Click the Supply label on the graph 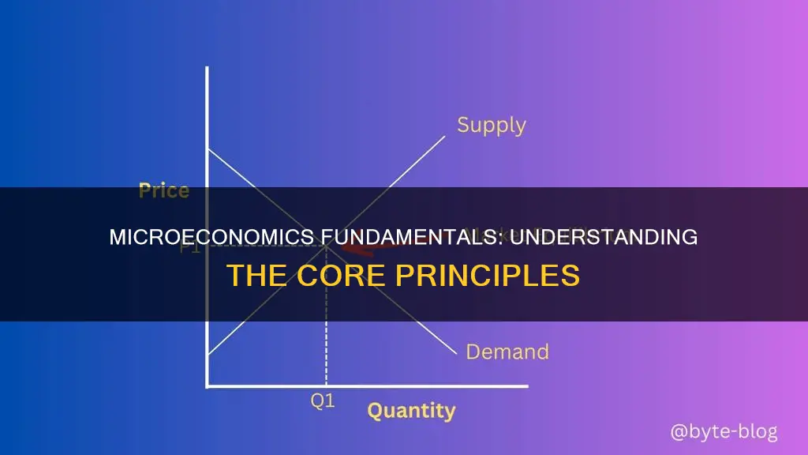pyautogui.click(x=491, y=125)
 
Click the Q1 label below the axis pyautogui.click(x=324, y=400)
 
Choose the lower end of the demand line pyautogui.click(x=455, y=350)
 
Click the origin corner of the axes pyautogui.click(x=208, y=386)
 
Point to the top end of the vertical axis pyautogui.click(x=207, y=68)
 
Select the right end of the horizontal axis pyautogui.click(x=527, y=386)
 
